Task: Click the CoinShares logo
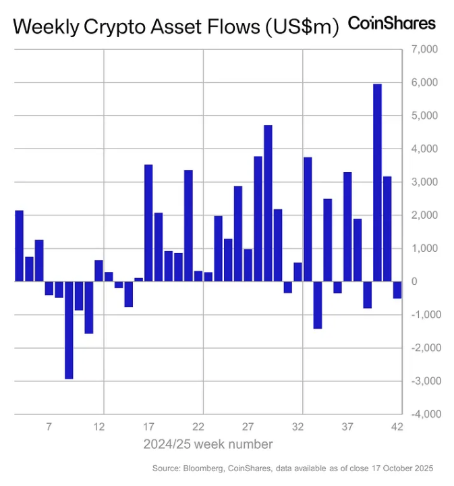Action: click(391, 23)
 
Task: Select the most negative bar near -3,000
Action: click(69, 330)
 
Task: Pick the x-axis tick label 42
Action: click(397, 427)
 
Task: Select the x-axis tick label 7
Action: click(49, 427)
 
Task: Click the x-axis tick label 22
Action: click(198, 427)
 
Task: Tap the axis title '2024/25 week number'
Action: click(208, 444)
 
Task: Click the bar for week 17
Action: click(148, 223)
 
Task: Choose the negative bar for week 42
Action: click(397, 290)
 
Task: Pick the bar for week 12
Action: click(98, 271)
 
